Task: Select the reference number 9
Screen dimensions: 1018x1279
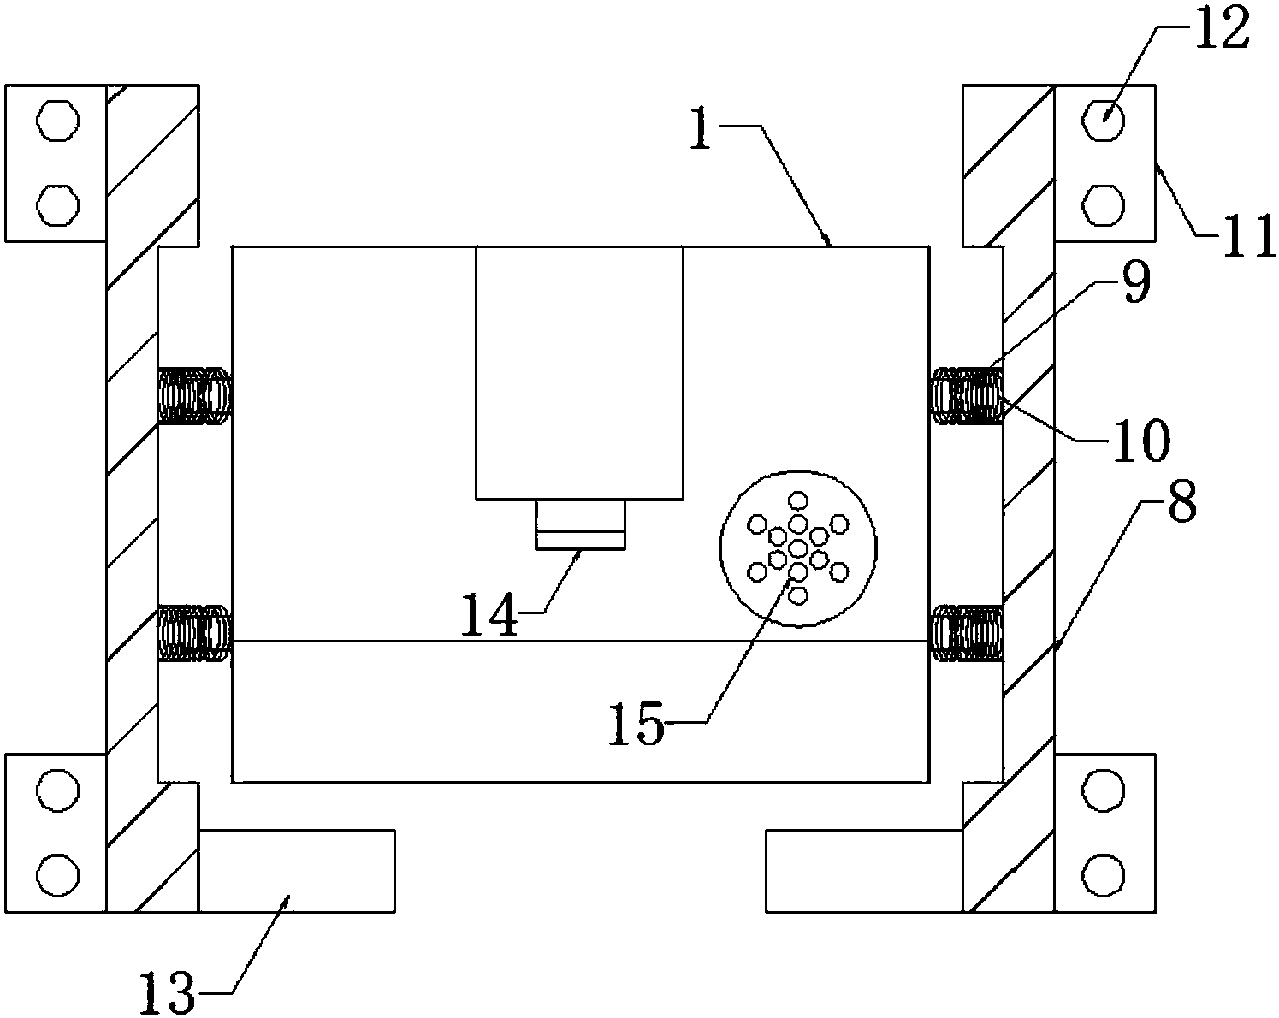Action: click(x=1135, y=286)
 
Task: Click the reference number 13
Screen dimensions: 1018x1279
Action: click(x=169, y=992)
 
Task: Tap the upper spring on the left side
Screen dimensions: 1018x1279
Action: click(x=194, y=395)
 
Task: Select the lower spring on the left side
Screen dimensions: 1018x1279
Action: click(x=194, y=632)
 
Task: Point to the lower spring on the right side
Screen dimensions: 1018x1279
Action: click(x=966, y=632)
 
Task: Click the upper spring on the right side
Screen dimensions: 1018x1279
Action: click(x=966, y=395)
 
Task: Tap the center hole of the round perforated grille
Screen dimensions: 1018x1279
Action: click(x=797, y=547)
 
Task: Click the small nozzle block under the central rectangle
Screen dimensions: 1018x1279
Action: click(x=580, y=524)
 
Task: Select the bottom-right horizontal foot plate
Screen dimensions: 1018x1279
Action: click(x=864, y=870)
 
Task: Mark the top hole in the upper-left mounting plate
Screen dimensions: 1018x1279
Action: click(x=57, y=121)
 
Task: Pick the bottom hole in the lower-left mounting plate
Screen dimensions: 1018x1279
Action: click(x=57, y=873)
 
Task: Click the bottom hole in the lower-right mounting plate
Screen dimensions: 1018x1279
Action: click(x=1103, y=873)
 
